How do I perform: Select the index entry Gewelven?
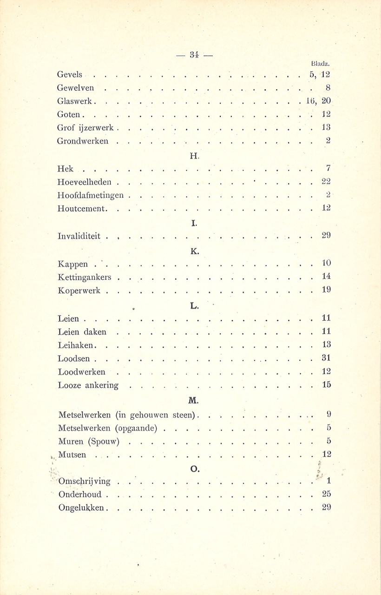(76, 87)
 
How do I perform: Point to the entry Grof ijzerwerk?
(86, 127)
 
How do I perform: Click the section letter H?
(195, 155)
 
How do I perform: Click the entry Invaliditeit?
(79, 236)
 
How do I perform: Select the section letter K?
(195, 251)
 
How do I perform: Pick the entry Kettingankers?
(85, 278)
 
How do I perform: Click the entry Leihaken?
(77, 345)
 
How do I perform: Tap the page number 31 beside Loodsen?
(326, 358)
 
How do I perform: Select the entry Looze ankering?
(88, 385)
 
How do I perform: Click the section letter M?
(194, 400)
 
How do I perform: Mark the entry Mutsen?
(72, 455)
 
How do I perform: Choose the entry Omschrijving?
(85, 482)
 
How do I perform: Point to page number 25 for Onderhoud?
(326, 495)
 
